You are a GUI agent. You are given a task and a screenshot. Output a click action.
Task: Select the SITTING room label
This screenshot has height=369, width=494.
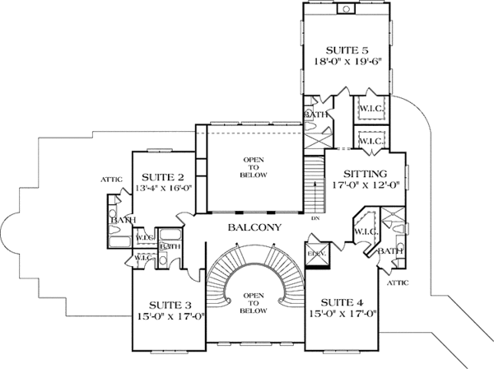pyautogui.click(x=366, y=174)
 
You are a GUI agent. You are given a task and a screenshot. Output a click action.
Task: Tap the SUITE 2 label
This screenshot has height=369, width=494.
pyautogui.click(x=161, y=177)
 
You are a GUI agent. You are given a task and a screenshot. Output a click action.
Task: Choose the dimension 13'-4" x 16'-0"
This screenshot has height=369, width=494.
pyautogui.click(x=161, y=190)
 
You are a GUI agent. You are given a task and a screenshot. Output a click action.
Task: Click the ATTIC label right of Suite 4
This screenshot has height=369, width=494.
pyautogui.click(x=398, y=283)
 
